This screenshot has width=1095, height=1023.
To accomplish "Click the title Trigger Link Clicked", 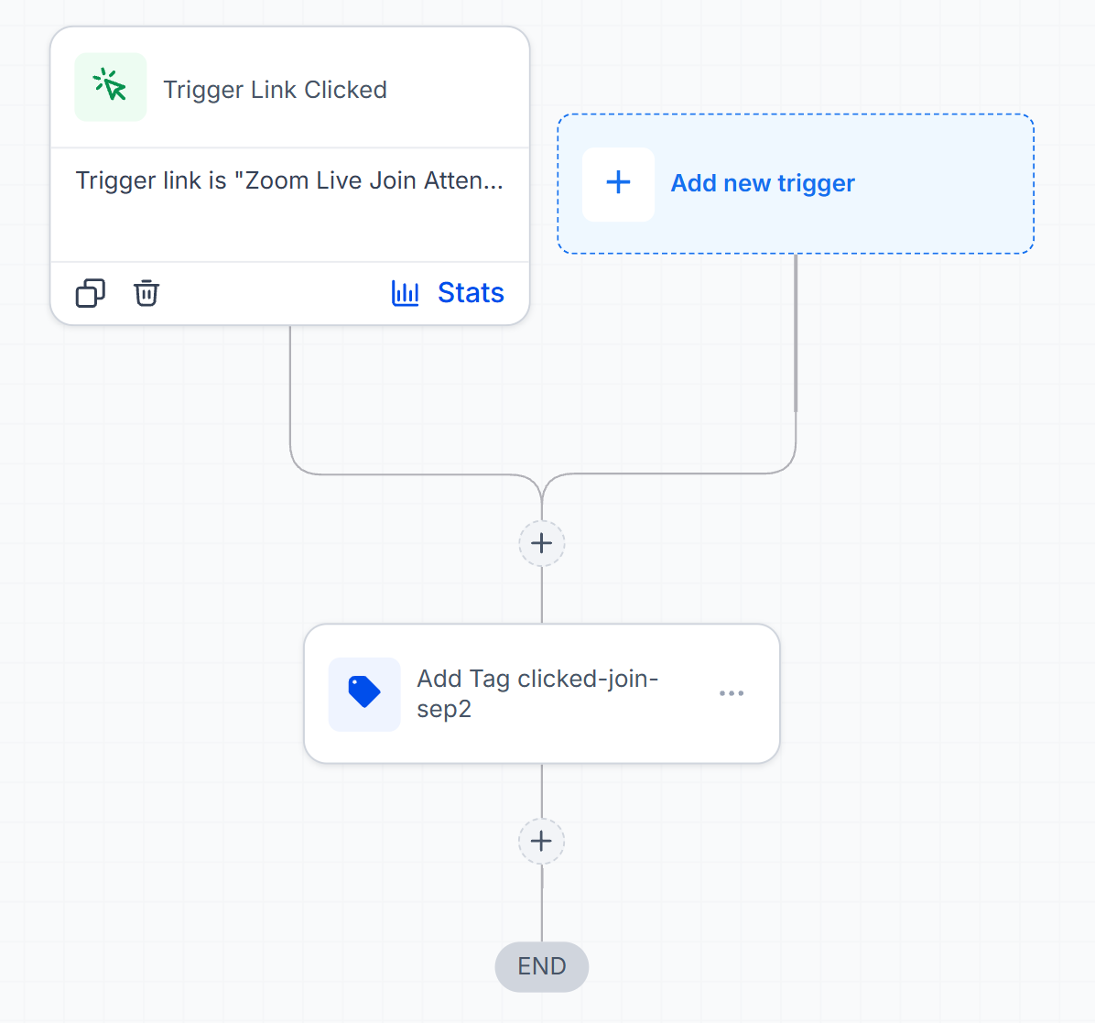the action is point(276,90).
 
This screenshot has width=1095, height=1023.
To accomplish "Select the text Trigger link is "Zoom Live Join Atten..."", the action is point(289,181).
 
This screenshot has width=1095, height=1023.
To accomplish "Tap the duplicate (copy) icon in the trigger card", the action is point(90,293).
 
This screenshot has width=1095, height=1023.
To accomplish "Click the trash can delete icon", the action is point(146,293).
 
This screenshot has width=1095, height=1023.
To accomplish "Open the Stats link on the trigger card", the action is point(471,293).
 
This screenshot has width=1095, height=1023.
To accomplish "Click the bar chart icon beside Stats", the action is point(405,293).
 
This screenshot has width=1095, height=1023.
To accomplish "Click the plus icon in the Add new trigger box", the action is point(618,183).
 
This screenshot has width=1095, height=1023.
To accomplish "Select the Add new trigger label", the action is point(763,183).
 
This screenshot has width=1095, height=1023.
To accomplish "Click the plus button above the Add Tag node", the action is point(542,543).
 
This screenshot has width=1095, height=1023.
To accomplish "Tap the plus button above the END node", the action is point(542,841).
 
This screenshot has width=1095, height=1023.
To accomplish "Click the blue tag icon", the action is point(364,692).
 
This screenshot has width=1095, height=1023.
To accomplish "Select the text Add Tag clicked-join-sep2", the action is point(537,694).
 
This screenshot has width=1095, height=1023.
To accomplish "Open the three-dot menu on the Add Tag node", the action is point(732,693).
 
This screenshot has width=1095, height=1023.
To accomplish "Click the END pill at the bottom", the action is point(542,966).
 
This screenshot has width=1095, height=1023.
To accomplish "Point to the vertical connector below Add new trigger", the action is point(796,333).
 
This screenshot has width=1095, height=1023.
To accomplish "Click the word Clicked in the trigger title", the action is point(346,90).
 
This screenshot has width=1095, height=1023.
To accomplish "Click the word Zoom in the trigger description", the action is point(276,181).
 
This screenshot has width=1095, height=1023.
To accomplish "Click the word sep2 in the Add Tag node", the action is point(444,709).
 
